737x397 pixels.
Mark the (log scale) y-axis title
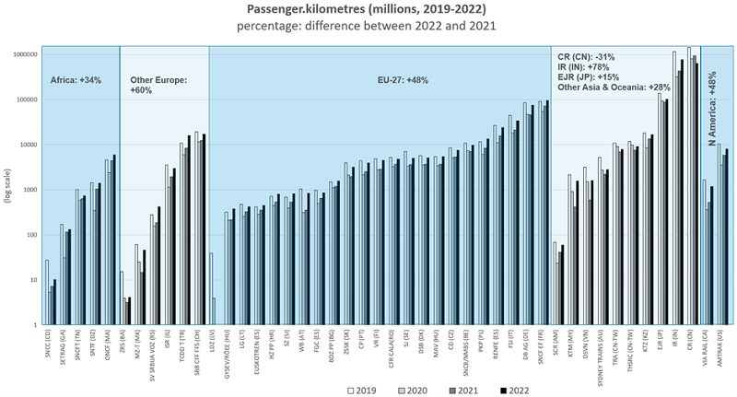pos(7,189)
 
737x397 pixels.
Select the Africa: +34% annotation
pos(76,80)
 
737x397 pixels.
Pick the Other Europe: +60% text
pos(158,86)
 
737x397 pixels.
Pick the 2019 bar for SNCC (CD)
pos(46,292)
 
